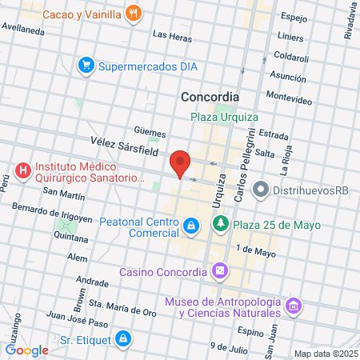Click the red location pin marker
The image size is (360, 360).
point(181,163)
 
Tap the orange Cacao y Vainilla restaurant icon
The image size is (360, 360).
point(134,14)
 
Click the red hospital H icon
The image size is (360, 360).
point(22,170)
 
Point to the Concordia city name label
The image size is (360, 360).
point(210,97)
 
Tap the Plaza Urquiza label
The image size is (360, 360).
point(224,117)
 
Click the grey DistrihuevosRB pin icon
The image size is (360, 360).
point(260,190)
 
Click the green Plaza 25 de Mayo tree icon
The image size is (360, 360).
point(221,225)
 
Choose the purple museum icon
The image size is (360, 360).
point(294,306)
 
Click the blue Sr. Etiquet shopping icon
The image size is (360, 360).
point(122,339)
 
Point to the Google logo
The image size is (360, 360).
point(26,350)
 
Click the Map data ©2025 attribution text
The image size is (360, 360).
point(325,354)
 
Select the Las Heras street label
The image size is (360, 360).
point(172,35)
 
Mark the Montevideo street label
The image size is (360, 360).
point(289,96)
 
